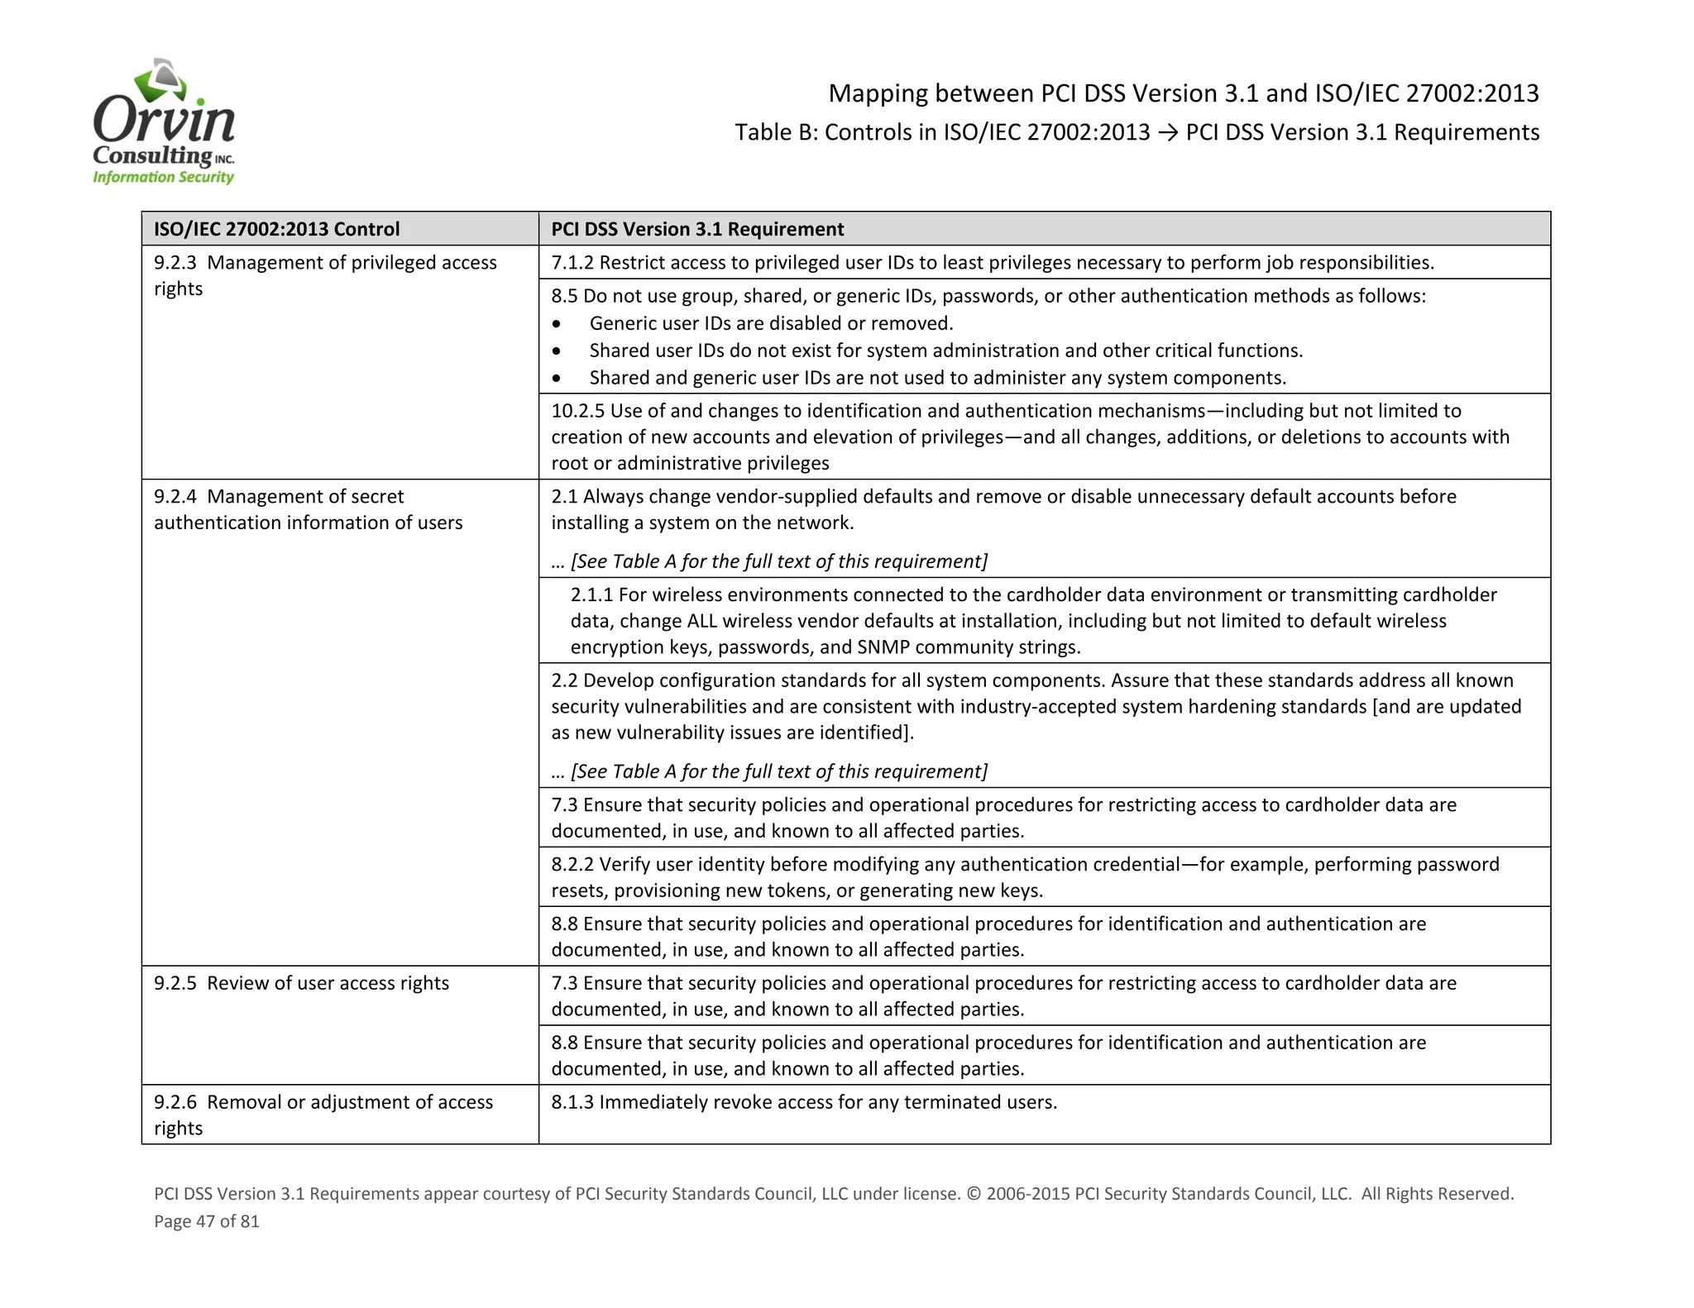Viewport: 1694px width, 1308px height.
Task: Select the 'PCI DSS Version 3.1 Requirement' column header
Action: pyautogui.click(x=697, y=229)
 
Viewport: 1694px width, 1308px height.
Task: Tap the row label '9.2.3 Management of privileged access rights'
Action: pyautogui.click(x=325, y=275)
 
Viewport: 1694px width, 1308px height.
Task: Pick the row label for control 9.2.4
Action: pyautogui.click(x=308, y=509)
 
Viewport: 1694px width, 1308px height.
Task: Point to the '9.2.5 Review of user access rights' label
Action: pyautogui.click(x=301, y=983)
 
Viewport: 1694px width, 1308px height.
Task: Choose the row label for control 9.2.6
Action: pyautogui.click(x=323, y=1115)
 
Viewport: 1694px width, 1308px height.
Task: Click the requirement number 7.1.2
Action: pyautogui.click(x=572, y=263)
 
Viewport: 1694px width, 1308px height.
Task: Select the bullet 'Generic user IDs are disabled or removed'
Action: pyautogui.click(x=771, y=323)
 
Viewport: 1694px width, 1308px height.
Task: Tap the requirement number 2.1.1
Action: pyautogui.click(x=591, y=594)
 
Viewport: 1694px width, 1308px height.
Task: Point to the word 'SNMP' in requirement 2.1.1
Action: pyautogui.click(x=883, y=647)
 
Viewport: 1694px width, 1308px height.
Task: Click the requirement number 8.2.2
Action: pyautogui.click(x=572, y=865)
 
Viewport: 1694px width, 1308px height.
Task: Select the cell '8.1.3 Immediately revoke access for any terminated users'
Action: pyautogui.click(x=804, y=1102)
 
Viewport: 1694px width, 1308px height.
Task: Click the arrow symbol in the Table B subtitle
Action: pyautogui.click(x=1167, y=132)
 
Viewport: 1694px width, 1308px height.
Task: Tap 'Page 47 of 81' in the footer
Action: pyautogui.click(x=207, y=1221)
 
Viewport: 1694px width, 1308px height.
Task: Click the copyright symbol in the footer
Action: pyautogui.click(x=974, y=1194)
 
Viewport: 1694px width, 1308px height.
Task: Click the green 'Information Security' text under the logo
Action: pyautogui.click(x=164, y=177)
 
